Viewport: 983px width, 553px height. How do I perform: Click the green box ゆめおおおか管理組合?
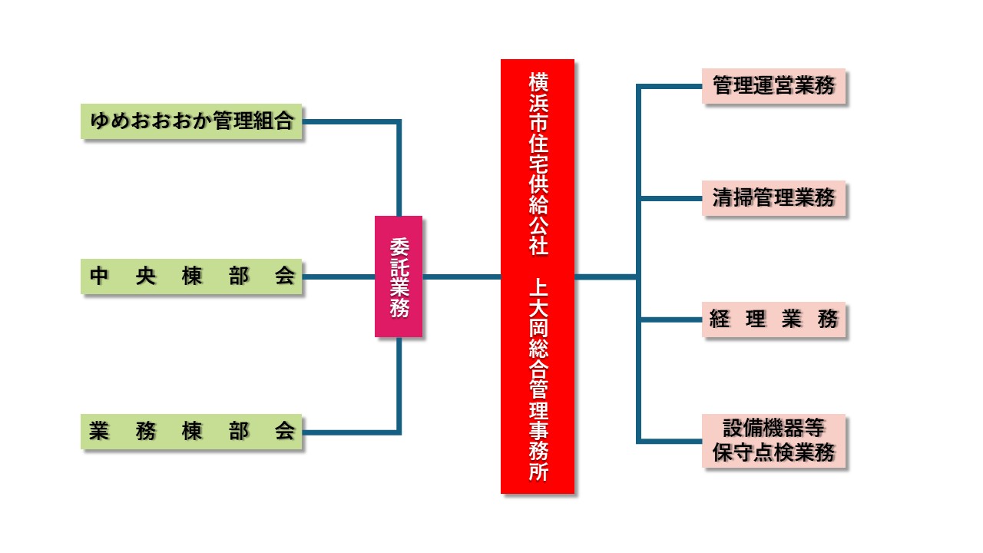tap(191, 121)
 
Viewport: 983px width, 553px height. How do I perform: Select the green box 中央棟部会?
tap(191, 276)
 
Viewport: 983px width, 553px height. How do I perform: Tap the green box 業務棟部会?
tap(191, 431)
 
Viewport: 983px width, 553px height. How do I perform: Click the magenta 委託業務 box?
tap(399, 276)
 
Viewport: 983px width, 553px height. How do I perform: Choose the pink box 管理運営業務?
tap(773, 85)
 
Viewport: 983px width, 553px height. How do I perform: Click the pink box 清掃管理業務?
tap(773, 198)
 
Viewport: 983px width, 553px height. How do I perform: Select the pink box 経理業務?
tap(773, 319)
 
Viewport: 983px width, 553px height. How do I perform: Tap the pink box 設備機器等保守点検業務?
tap(773, 440)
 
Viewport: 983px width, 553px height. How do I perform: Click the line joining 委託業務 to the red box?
tap(461, 276)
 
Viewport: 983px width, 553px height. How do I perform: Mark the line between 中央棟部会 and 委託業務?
tap(338, 276)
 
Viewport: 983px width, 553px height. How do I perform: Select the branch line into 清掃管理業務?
tap(670, 199)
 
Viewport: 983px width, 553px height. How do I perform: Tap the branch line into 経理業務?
tap(670, 320)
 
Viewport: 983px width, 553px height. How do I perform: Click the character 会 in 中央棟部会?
tap(285, 276)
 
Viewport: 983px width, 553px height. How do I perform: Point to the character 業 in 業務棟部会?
tap(98, 431)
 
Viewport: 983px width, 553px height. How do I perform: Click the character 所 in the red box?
tap(538, 472)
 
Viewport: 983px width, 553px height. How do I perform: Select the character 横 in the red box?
tap(538, 81)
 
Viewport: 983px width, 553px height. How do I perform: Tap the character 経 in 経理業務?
tap(719, 319)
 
